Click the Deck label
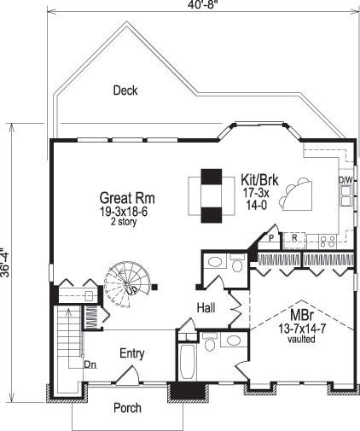pyautogui.click(x=125, y=90)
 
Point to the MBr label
pyautogui.click(x=299, y=306)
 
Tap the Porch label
pyautogui.click(x=127, y=408)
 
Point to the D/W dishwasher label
pyautogui.click(x=345, y=181)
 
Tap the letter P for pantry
pyautogui.click(x=271, y=237)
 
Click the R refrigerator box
pyautogui.click(x=293, y=236)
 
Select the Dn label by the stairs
pyautogui.click(x=90, y=363)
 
